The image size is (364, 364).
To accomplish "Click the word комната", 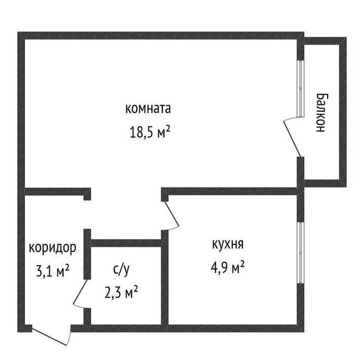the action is point(148,108).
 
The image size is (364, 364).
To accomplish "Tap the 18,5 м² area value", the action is point(150,132).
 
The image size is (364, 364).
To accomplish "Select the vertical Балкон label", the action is point(322,113).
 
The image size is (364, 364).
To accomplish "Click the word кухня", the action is point(228,245).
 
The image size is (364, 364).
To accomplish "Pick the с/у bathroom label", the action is point(121,270).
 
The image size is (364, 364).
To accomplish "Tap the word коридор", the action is point(53,248).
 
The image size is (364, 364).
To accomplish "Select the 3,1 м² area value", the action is point(53,271).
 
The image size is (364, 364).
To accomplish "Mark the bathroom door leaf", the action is point(80,292).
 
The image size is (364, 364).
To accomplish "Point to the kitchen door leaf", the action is point(172,214).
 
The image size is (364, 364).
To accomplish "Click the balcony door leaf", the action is point(292,139).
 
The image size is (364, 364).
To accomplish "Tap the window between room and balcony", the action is point(301,88).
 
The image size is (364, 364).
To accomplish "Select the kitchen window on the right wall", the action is point(301,252).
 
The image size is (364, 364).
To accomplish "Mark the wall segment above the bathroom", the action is point(126,243).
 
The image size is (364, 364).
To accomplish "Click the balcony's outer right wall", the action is point(343,112).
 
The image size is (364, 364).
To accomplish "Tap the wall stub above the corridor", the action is point(58,191).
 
